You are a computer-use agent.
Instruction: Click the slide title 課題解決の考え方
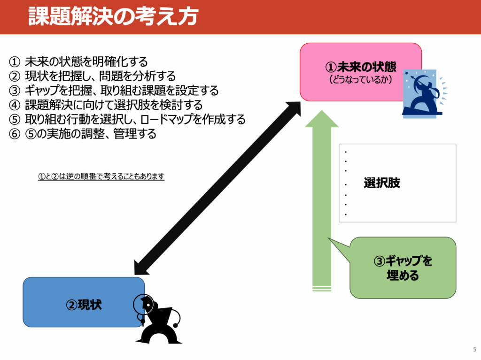(113, 16)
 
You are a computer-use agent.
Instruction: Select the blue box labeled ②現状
(80, 303)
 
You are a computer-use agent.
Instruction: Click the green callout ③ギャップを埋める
(403, 268)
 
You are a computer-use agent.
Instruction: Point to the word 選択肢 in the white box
(382, 183)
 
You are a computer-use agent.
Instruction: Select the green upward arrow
(322, 202)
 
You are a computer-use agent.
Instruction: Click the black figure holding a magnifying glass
(157, 319)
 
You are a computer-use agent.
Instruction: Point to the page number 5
(473, 349)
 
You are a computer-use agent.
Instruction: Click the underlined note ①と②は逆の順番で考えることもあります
(101, 176)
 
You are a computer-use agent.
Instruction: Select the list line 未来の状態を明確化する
(86, 61)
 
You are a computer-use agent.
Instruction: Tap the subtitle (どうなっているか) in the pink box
(360, 79)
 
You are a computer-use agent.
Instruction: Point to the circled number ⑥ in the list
(15, 134)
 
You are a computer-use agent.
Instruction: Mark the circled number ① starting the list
(15, 61)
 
